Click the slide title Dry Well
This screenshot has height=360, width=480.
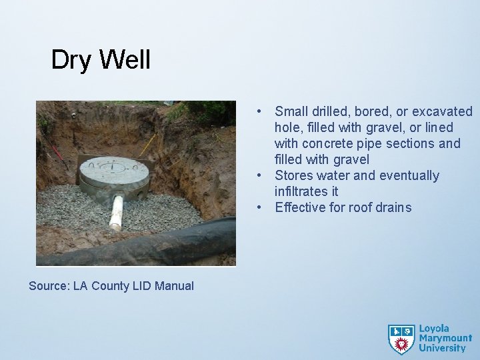pyautogui.click(x=101, y=61)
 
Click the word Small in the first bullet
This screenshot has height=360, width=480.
pyautogui.click(x=291, y=111)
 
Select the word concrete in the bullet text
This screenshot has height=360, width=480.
pyautogui.click(x=326, y=143)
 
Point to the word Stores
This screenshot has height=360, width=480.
pyautogui.click(x=293, y=175)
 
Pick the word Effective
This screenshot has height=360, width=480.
pyautogui.click(x=301, y=207)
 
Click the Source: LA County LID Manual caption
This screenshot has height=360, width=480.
pyautogui.click(x=111, y=286)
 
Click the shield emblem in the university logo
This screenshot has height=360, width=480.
pyautogui.click(x=401, y=338)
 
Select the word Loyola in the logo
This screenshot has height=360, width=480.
pyautogui.click(x=434, y=329)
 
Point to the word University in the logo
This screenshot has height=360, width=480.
pyautogui.click(x=442, y=347)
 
